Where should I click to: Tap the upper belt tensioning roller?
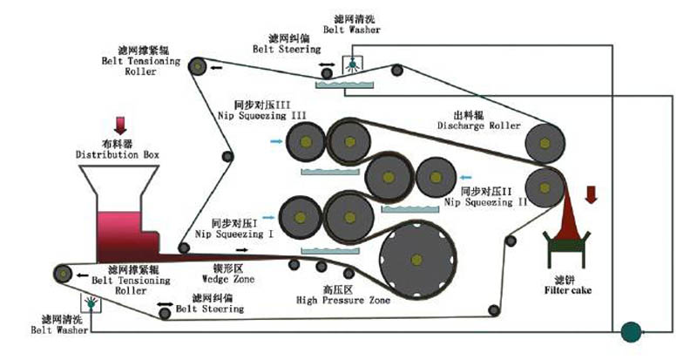click(199, 65)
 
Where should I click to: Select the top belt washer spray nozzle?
click(350, 65)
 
